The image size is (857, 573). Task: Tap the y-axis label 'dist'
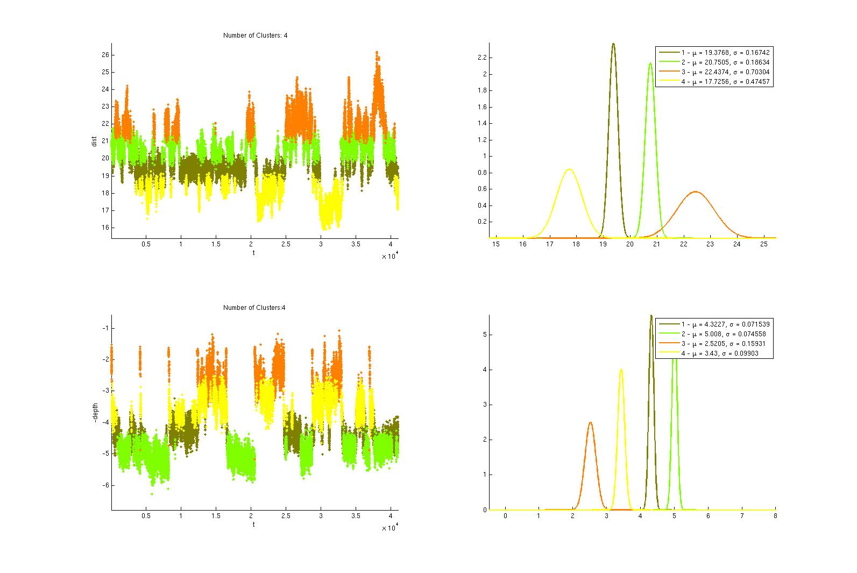click(94, 142)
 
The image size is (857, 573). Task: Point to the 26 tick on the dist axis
click(105, 55)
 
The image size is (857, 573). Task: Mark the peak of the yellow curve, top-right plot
click(569, 169)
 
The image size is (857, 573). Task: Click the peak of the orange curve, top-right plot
click(696, 192)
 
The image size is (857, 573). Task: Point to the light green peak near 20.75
click(650, 63)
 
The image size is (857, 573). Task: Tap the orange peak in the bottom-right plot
click(590, 422)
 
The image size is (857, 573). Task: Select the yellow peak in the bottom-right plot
click(621, 370)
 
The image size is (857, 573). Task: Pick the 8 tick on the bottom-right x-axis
click(775, 516)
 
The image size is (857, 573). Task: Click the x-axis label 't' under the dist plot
click(254, 252)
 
